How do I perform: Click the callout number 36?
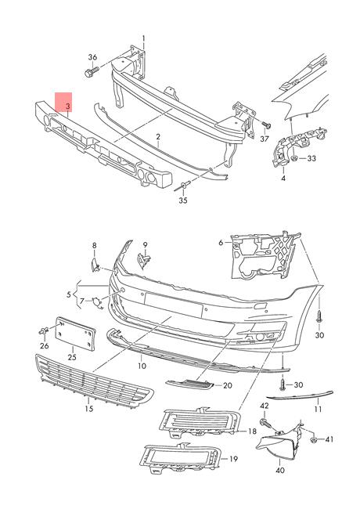click(x=92, y=57)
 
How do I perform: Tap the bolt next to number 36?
click(x=92, y=72)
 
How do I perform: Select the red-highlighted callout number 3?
click(x=68, y=106)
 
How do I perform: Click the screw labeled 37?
click(x=265, y=125)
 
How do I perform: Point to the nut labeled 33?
click(x=295, y=158)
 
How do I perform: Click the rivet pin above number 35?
click(x=184, y=186)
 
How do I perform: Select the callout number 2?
click(x=158, y=137)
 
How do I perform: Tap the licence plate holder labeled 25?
click(x=76, y=334)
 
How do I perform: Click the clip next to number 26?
click(x=44, y=331)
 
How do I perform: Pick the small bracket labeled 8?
click(x=94, y=265)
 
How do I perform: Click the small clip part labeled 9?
click(x=144, y=260)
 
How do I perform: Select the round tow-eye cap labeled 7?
click(x=97, y=302)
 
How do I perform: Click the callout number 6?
click(x=221, y=243)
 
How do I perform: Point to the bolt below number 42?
click(x=265, y=422)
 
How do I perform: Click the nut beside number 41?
click(x=314, y=440)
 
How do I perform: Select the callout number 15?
click(x=89, y=409)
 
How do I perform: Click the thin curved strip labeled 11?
click(x=300, y=395)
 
